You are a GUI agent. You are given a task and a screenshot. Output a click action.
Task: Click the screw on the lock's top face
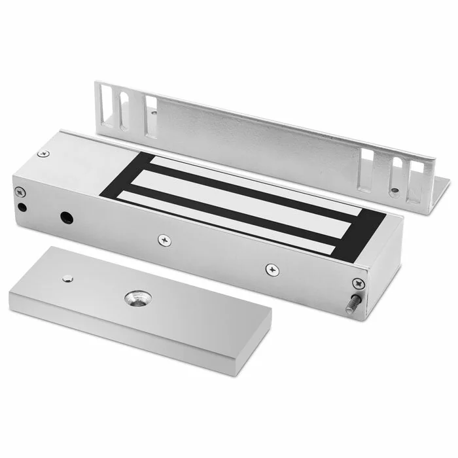(x=44, y=153)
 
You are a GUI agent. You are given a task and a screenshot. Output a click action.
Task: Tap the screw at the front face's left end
(x=19, y=192)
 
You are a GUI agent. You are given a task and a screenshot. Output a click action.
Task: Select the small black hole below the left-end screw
(x=23, y=207)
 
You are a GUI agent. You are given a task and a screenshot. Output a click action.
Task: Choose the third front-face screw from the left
(x=271, y=268)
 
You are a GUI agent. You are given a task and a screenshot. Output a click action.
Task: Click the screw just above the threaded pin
(x=357, y=283)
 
